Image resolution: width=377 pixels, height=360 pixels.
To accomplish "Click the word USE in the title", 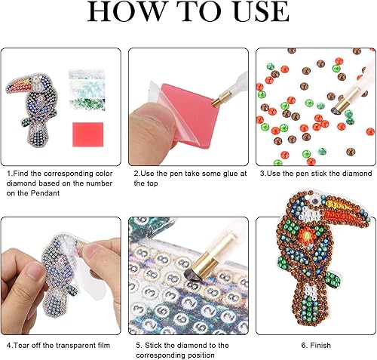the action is pos(262,11).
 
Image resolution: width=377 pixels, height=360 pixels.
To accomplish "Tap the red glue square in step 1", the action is pos(88,134).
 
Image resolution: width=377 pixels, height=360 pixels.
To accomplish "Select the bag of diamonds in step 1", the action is pos(87,91).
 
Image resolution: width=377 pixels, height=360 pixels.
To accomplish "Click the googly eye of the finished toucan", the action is pos(314,201).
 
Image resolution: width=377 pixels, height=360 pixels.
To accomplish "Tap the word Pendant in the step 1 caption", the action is pos(45,193).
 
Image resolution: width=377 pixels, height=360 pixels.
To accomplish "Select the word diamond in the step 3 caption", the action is pos(356,174).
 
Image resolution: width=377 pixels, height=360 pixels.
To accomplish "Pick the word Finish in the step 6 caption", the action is pos(320,345).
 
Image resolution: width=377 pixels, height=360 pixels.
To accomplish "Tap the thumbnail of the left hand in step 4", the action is pos(33,270).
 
